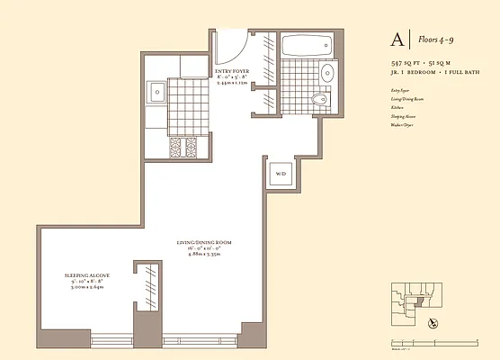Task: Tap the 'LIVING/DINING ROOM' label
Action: [208, 243]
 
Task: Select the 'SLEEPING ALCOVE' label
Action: [85, 275]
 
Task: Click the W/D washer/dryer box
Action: [280, 173]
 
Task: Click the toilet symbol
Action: [318, 99]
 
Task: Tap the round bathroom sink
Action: [327, 72]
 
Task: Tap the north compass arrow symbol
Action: [435, 321]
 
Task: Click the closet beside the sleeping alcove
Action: [143, 292]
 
